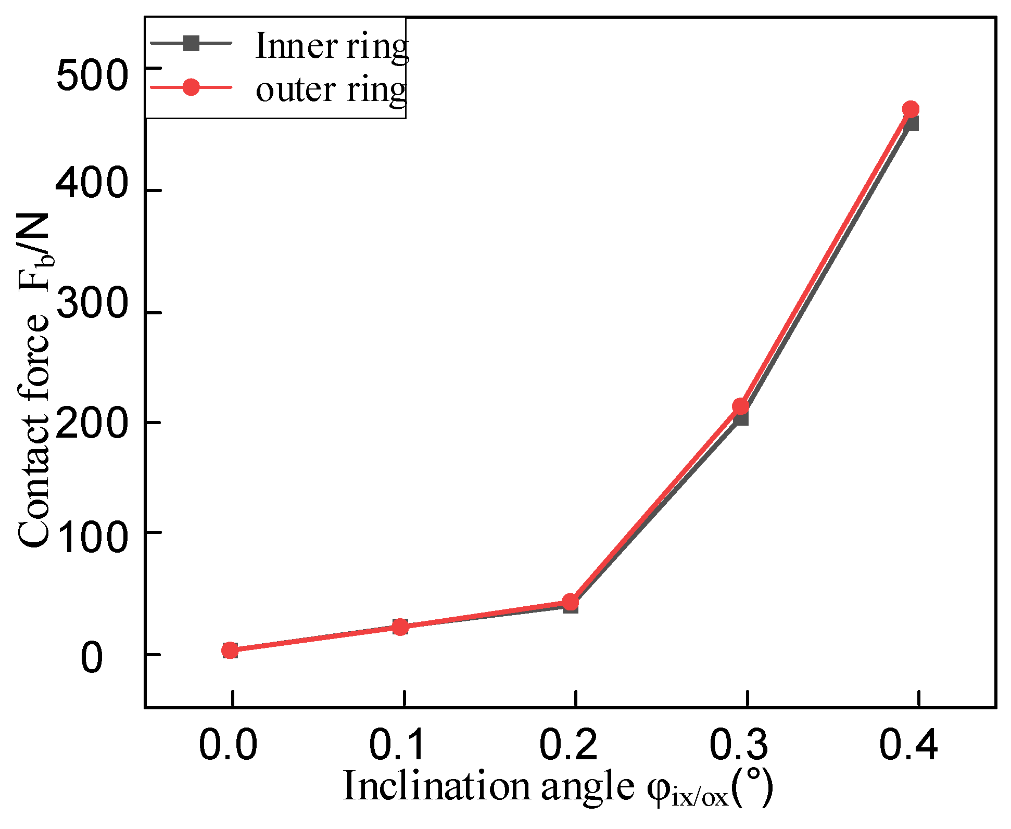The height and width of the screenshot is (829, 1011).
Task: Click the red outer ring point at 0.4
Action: click(910, 109)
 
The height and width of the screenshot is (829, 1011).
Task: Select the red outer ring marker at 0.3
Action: click(741, 406)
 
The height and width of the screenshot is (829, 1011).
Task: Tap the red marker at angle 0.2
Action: click(571, 602)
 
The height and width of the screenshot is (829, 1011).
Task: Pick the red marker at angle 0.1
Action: click(400, 627)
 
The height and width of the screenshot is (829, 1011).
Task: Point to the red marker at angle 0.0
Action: click(230, 650)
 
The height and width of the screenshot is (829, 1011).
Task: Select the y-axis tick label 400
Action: click(92, 184)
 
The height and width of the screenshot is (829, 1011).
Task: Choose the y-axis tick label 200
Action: click(92, 423)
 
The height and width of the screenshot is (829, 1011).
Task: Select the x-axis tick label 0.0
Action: click(228, 745)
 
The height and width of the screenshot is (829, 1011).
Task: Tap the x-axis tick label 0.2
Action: click(568, 745)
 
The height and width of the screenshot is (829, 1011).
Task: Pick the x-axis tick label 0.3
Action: click(739, 745)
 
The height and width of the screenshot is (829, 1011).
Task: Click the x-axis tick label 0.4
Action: click(908, 745)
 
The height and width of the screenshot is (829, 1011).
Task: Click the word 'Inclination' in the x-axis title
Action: click(436, 786)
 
